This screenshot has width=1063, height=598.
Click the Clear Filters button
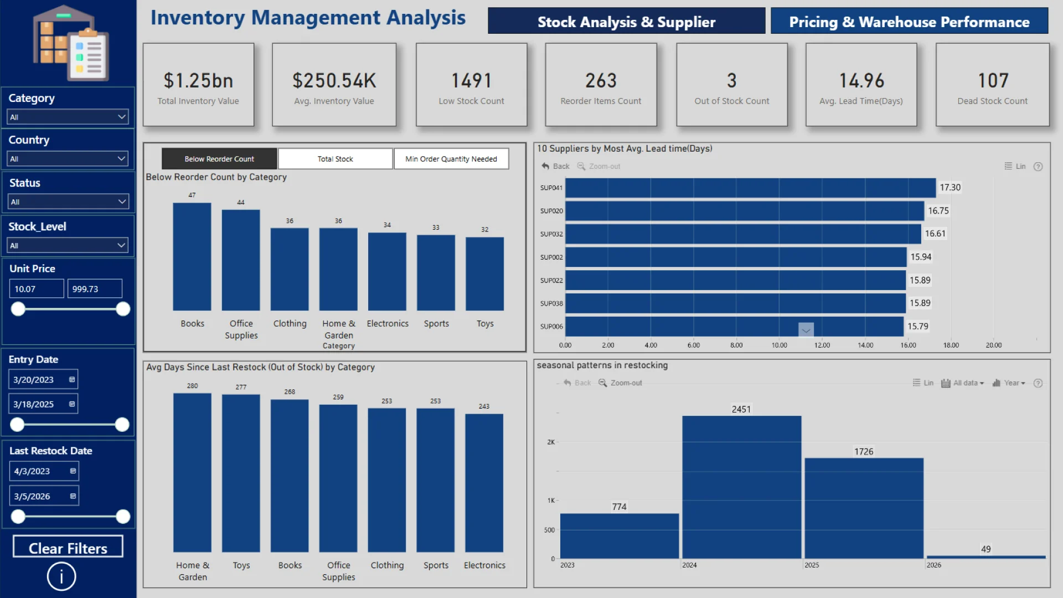[x=68, y=547]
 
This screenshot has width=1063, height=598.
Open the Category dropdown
[x=68, y=117]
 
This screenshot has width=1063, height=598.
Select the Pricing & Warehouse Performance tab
[x=909, y=22]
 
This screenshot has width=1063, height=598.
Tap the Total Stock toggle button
[x=335, y=159]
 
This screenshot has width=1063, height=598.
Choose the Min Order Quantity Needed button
[x=451, y=159]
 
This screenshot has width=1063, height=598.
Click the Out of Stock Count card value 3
[x=731, y=81]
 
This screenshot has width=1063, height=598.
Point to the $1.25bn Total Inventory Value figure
[x=198, y=81]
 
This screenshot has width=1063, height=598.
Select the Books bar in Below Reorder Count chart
[x=192, y=256]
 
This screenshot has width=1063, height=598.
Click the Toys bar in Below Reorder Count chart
[x=484, y=274]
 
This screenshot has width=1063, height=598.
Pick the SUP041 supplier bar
[x=750, y=188]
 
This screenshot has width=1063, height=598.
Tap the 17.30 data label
[x=950, y=188]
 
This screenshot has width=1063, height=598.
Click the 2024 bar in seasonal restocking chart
[x=741, y=487]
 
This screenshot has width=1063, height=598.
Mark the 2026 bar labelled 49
[x=986, y=556]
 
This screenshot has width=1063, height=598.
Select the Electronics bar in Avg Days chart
[x=484, y=483]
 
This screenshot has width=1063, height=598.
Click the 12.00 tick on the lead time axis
[x=822, y=345]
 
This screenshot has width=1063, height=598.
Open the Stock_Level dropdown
[x=68, y=245]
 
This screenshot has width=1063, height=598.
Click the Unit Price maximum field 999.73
[x=95, y=289]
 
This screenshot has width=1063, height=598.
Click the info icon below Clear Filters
[x=61, y=576]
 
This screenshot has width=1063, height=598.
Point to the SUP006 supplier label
[x=551, y=327]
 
